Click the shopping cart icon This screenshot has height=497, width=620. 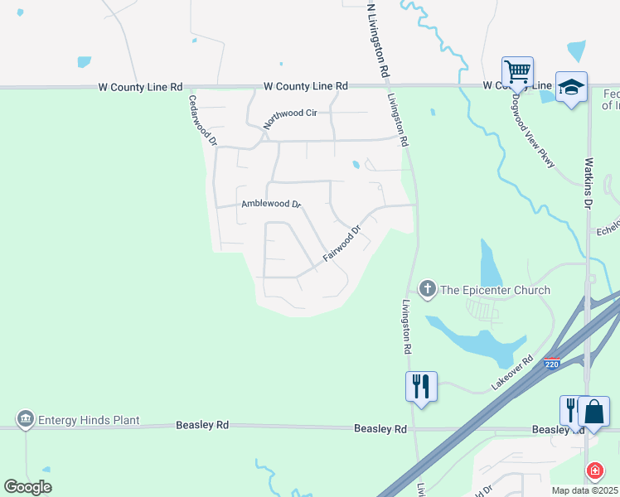[517, 71]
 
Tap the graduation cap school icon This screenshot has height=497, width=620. [571, 87]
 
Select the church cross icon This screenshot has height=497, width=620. [428, 289]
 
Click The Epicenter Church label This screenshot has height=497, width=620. [495, 290]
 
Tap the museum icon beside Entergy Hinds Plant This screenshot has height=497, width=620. [25, 420]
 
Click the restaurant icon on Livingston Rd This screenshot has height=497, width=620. [422, 386]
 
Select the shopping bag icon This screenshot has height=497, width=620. [594, 412]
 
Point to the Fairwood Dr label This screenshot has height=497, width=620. [342, 244]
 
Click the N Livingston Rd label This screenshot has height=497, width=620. [377, 39]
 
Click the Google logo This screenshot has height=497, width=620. [27, 487]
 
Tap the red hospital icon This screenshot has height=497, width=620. [594, 471]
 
